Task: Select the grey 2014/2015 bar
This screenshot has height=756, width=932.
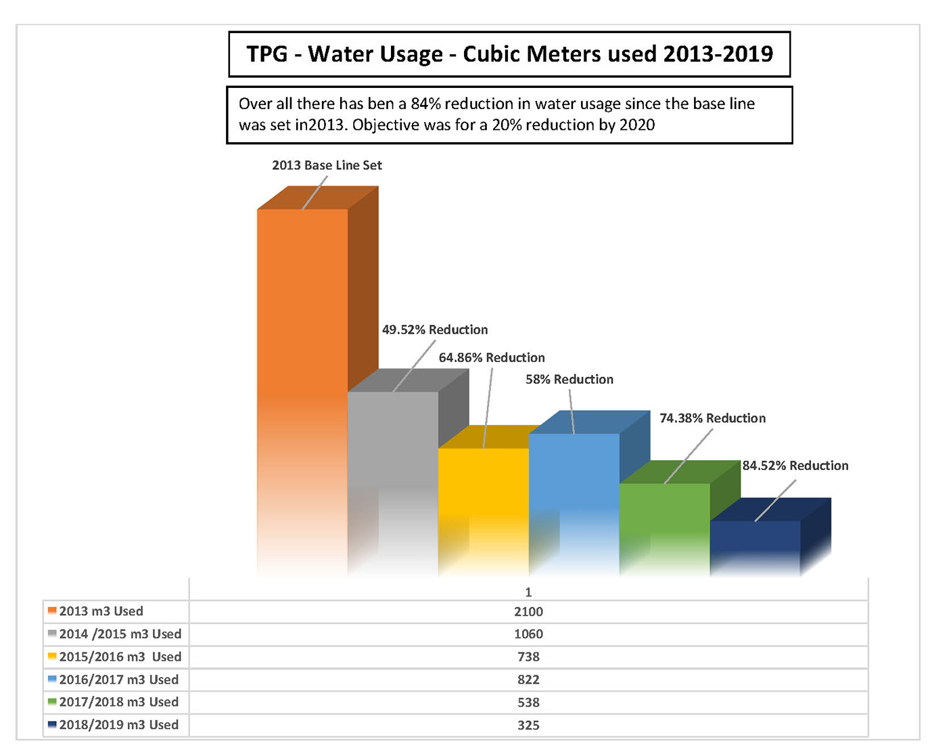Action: point(393,460)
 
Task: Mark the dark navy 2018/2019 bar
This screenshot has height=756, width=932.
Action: point(755,541)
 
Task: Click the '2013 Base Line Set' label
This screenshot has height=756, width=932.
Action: point(327,165)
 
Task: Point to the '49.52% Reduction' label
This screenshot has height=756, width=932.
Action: point(435,330)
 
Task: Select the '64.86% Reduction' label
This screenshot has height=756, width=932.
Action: point(492,357)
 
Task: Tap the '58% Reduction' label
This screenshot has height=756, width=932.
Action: point(569,379)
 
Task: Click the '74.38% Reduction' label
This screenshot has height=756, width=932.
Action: point(712,418)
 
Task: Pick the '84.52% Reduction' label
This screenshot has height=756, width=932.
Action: point(795,466)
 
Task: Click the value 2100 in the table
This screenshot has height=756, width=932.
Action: point(528,612)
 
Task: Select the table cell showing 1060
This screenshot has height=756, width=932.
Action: point(528,634)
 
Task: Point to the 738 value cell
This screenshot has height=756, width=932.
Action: point(528,657)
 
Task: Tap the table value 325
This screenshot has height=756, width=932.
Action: point(528,726)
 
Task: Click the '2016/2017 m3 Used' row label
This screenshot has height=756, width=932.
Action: point(119,680)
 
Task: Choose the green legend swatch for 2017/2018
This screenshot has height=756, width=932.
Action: point(52,702)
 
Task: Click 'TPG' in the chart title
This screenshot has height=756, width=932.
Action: point(267,54)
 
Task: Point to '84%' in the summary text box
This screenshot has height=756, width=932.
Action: point(425,104)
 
